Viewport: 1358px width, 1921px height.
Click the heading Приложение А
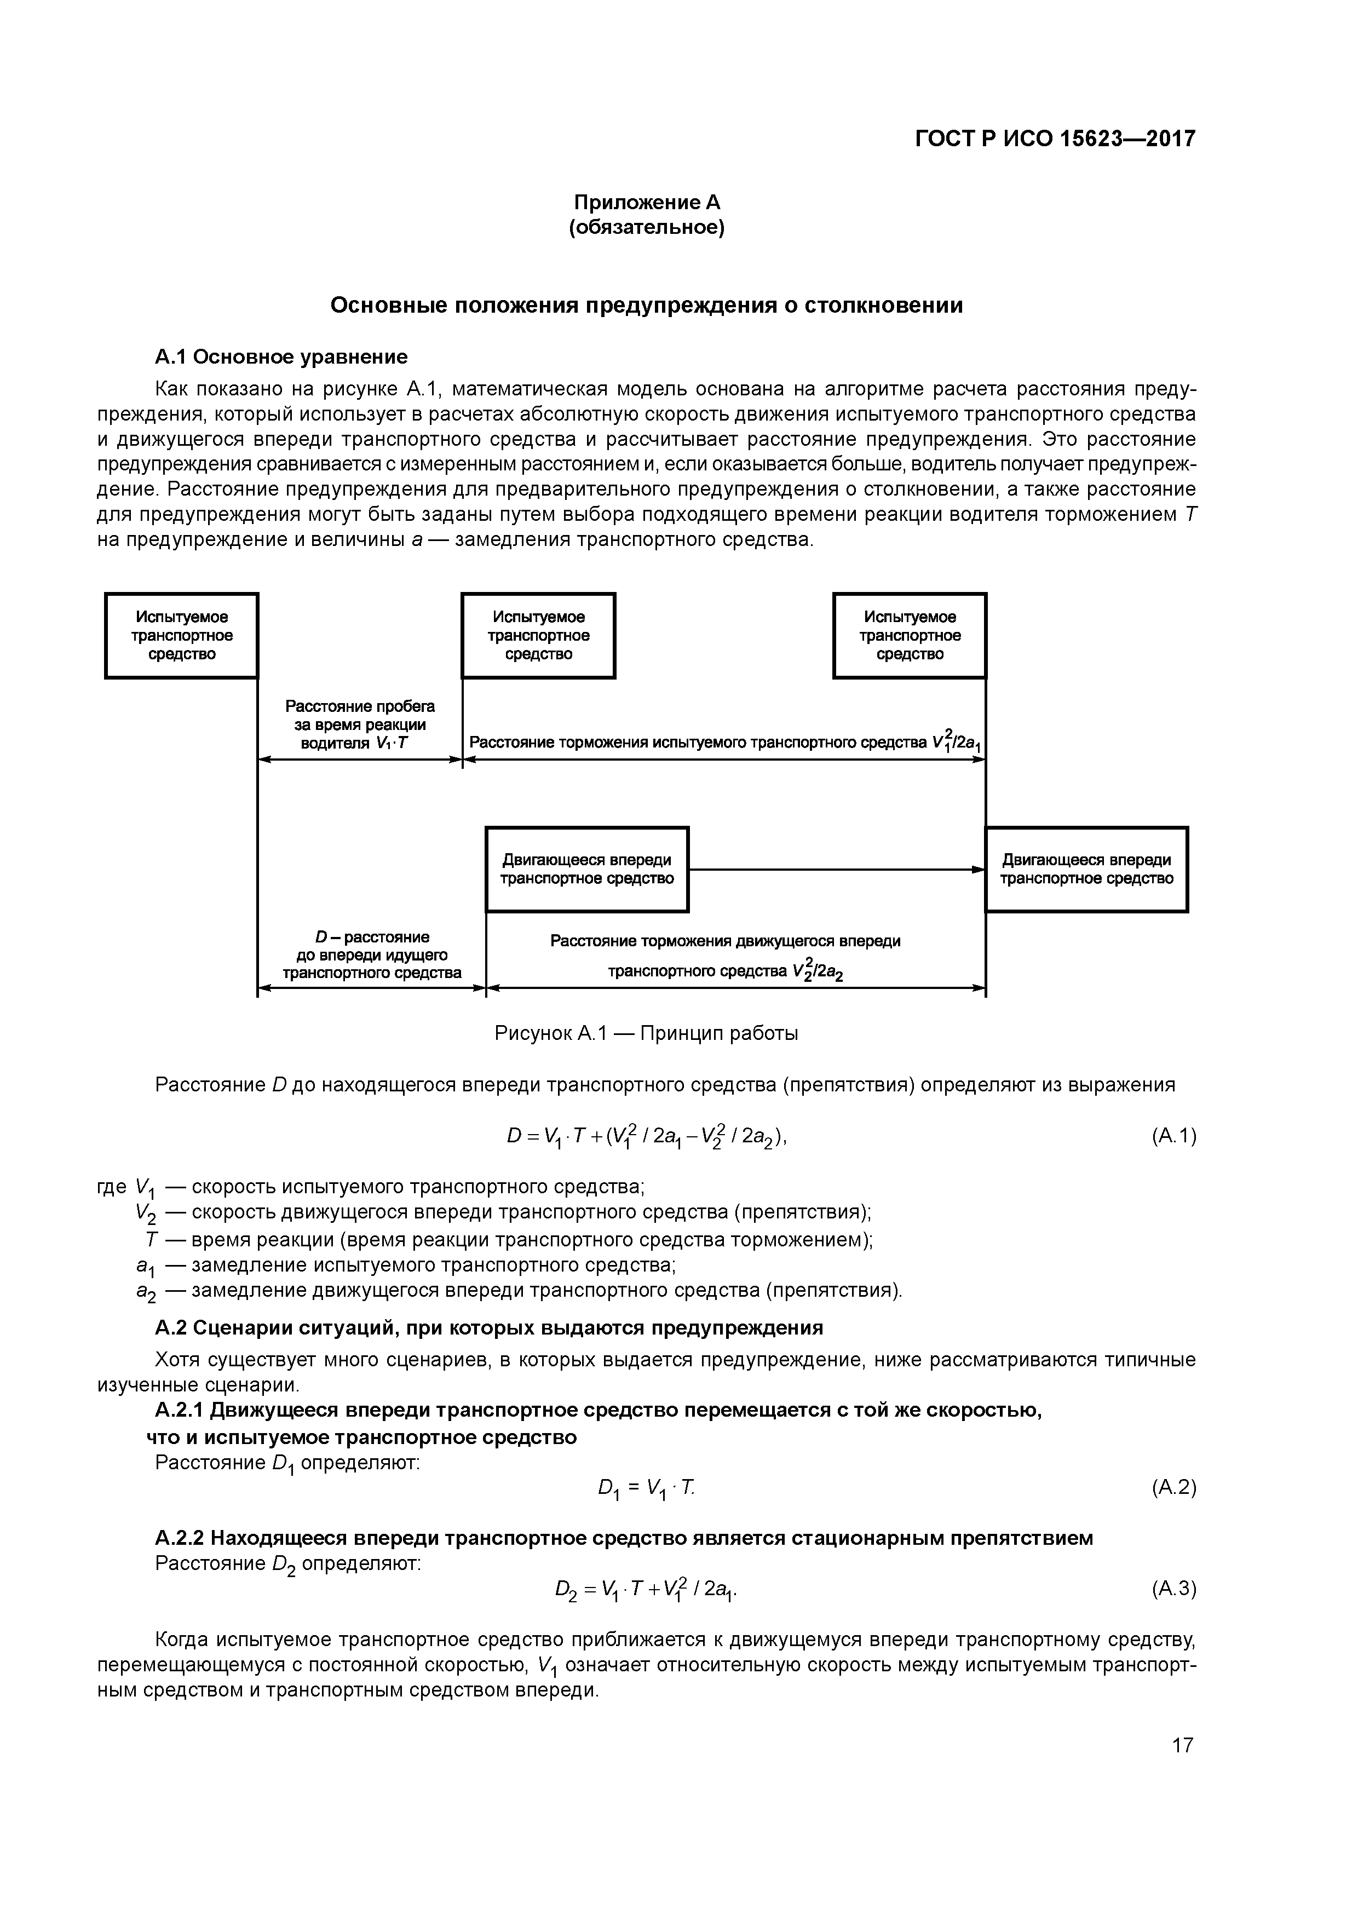point(646,203)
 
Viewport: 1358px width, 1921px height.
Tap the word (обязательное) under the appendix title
point(646,228)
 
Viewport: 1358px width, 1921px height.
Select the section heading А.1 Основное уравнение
point(281,357)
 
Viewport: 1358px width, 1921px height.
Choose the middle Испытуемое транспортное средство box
point(538,636)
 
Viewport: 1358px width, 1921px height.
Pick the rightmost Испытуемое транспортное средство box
point(910,636)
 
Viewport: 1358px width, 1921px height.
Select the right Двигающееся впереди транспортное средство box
point(1086,869)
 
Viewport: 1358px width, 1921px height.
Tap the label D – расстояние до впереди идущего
point(371,956)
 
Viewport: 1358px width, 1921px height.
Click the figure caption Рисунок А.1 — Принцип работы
point(646,1034)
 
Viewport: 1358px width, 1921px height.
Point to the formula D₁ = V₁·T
point(646,1488)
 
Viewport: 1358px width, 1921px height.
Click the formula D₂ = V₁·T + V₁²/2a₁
point(646,1589)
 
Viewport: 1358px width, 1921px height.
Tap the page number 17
point(1182,1745)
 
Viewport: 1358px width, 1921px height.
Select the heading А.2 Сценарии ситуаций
point(488,1328)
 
